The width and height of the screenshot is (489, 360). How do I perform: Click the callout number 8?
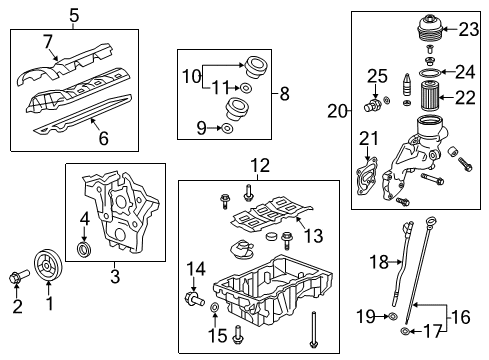285,94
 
